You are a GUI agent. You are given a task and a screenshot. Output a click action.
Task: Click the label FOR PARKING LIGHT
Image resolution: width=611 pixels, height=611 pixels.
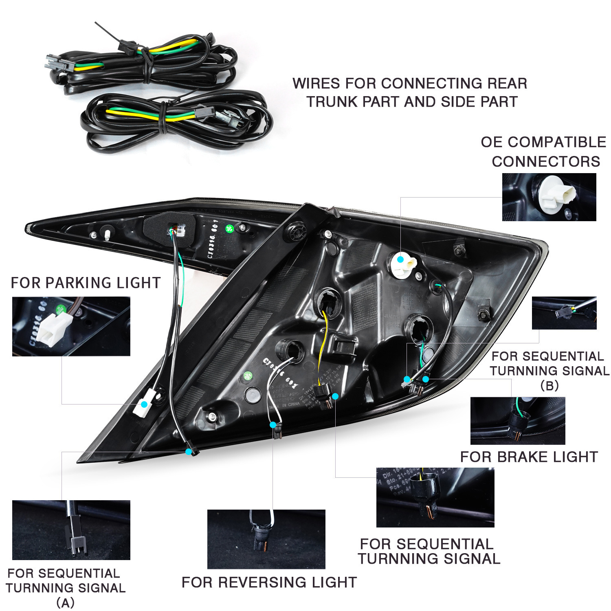tap(86, 283)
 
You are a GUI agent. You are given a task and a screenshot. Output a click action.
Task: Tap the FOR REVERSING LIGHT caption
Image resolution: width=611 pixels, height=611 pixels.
tap(269, 582)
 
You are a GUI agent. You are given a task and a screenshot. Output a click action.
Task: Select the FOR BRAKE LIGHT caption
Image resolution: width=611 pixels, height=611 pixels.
tap(529, 457)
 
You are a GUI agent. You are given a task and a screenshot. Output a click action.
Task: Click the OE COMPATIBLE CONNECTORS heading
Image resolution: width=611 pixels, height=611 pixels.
tap(543, 152)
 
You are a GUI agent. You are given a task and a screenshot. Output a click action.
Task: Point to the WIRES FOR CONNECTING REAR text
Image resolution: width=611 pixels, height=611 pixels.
tap(410, 84)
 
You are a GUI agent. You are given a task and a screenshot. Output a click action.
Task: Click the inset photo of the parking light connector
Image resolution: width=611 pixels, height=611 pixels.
tap(71, 326)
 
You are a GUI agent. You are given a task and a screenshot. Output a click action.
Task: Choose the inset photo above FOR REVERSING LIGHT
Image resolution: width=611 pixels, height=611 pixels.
tap(266, 539)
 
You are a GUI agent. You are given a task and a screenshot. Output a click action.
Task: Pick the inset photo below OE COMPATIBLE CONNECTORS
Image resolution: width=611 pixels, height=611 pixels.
tap(549, 197)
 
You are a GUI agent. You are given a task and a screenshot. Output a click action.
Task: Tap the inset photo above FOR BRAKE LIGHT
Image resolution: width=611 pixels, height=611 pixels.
tap(518, 421)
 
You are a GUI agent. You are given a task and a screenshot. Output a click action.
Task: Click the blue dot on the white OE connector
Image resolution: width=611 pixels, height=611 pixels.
tap(400, 259)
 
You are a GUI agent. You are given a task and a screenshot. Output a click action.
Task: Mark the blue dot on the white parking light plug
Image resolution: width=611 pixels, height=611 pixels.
tap(144, 404)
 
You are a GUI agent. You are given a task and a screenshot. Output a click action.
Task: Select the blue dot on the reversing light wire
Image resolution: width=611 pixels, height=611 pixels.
tap(273, 425)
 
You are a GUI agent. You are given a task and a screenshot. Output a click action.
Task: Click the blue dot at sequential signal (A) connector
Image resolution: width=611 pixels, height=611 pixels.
tap(189, 452)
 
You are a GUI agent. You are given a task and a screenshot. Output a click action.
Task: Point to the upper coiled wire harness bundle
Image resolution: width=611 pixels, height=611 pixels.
tap(143, 61)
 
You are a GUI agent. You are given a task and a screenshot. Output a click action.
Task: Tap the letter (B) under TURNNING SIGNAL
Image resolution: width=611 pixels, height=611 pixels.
tap(549, 385)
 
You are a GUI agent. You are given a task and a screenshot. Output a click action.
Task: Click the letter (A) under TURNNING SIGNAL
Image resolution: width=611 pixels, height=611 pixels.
tap(65, 602)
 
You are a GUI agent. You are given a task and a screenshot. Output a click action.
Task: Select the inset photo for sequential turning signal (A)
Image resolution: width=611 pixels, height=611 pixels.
tap(71, 530)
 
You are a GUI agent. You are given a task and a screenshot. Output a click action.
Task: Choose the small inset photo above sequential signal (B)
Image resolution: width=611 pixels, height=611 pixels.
tap(564, 313)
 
